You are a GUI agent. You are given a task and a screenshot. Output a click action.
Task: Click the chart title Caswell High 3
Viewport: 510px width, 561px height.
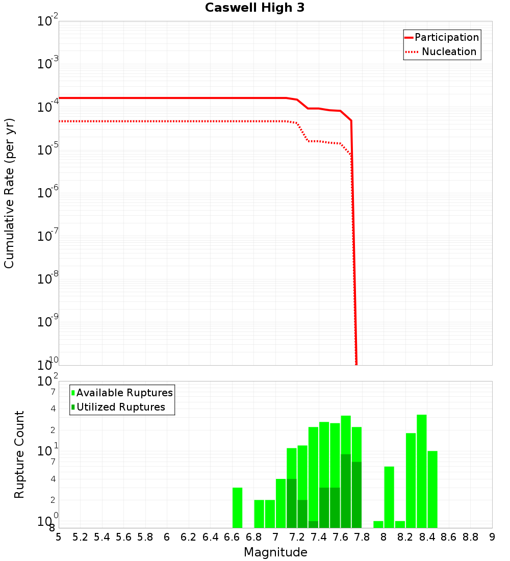click(254, 8)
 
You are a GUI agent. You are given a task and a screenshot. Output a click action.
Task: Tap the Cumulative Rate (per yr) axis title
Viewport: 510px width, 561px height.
click(9, 193)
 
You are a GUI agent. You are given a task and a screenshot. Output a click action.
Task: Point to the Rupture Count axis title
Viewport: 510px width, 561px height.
click(19, 454)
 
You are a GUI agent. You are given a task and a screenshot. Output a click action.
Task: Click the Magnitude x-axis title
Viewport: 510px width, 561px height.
click(275, 552)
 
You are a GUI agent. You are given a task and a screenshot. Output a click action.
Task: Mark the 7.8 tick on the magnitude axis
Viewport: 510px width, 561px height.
click(362, 537)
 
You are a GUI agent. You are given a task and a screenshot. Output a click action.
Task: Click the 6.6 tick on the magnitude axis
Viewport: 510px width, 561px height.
click(232, 537)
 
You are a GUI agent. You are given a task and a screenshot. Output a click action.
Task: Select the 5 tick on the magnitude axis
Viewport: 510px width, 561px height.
click(59, 537)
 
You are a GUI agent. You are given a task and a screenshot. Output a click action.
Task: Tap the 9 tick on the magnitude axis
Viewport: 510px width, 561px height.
click(492, 537)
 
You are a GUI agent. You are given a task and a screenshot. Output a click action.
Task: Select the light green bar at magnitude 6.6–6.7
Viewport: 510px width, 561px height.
click(237, 508)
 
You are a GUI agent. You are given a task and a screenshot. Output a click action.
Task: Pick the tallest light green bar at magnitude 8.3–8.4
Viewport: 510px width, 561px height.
click(422, 471)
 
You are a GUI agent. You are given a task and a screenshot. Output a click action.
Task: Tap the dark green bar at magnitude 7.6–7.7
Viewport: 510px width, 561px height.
click(346, 491)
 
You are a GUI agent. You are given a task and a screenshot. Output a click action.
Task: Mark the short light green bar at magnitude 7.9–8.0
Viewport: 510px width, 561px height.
click(378, 524)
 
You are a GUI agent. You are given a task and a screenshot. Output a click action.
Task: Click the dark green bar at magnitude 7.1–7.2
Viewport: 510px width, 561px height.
click(292, 503)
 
